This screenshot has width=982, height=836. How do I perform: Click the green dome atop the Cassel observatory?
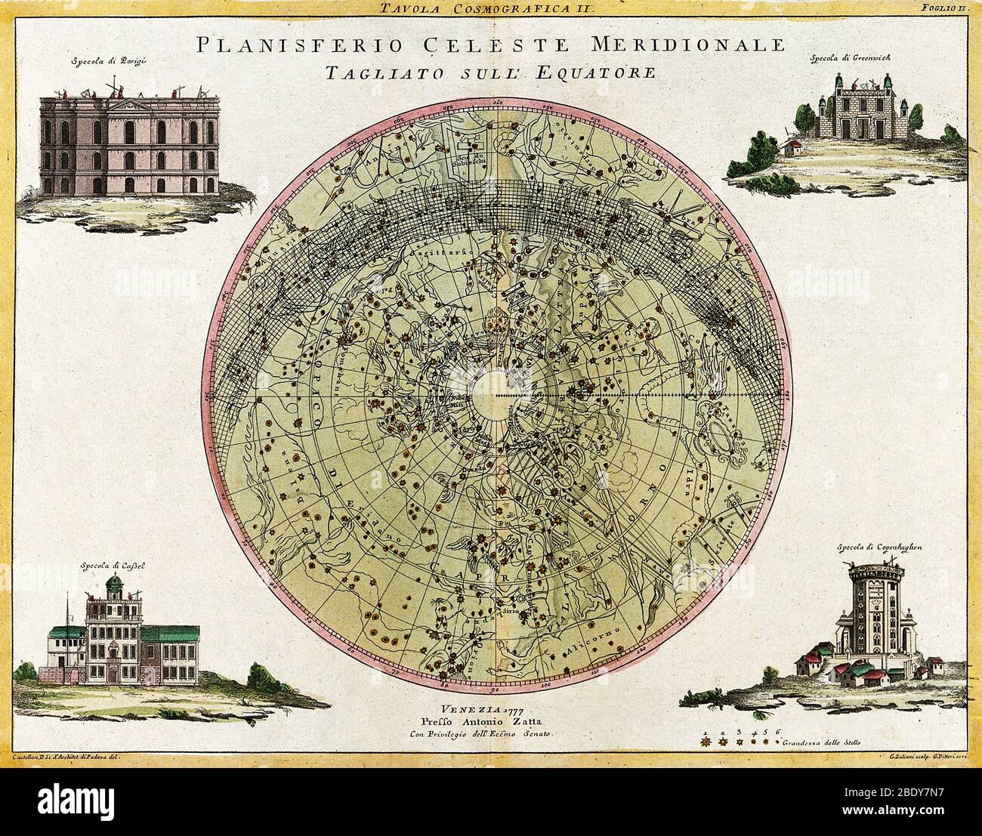[116, 584]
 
